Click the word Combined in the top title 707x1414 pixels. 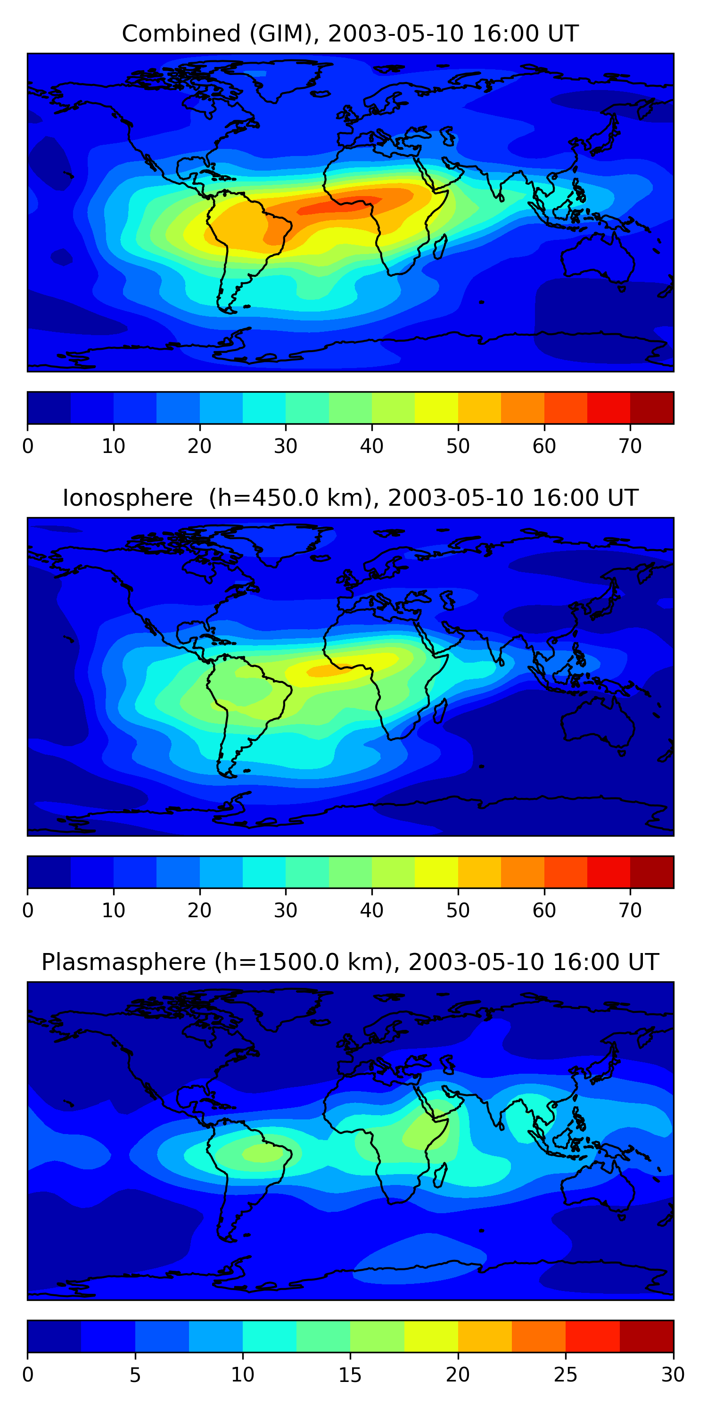pyautogui.click(x=181, y=33)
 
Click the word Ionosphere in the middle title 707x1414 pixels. pyautogui.click(x=127, y=498)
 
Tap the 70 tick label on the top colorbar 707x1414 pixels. pyautogui.click(x=630, y=446)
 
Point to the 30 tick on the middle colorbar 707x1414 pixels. pyautogui.click(x=286, y=911)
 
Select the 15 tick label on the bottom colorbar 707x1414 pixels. pyautogui.click(x=350, y=1375)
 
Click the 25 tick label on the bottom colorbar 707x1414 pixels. pyautogui.click(x=566, y=1375)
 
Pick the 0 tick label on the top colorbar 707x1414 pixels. pyautogui.click(x=28, y=446)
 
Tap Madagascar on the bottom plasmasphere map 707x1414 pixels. pyautogui.click(x=440, y=1176)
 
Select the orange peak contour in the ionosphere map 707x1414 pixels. pyautogui.click(x=324, y=670)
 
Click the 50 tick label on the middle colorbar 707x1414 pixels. pyautogui.click(x=458, y=911)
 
